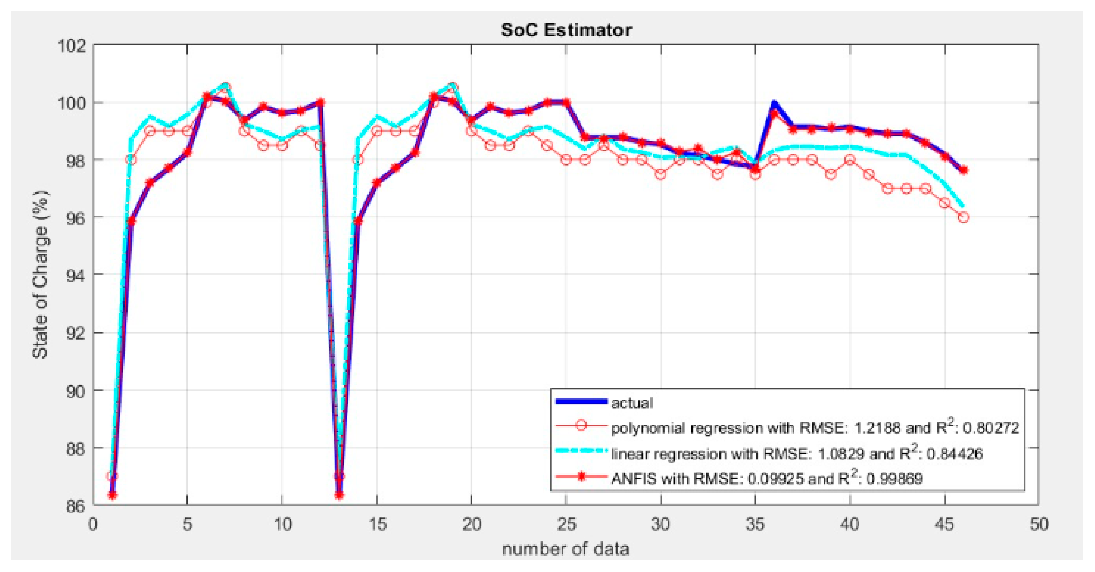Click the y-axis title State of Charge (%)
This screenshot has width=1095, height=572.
41,274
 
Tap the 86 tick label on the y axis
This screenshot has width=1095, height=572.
75,506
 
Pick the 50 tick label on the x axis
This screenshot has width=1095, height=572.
1039,524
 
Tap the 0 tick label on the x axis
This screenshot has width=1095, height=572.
93,524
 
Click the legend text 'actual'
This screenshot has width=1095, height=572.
632,403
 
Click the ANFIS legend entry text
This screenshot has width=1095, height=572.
767,479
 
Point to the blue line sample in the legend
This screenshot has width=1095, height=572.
581,401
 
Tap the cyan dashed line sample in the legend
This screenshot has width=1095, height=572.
581,452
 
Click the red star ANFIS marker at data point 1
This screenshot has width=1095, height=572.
112,495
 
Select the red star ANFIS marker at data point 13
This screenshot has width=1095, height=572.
339,495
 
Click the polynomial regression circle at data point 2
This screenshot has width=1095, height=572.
131,160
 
